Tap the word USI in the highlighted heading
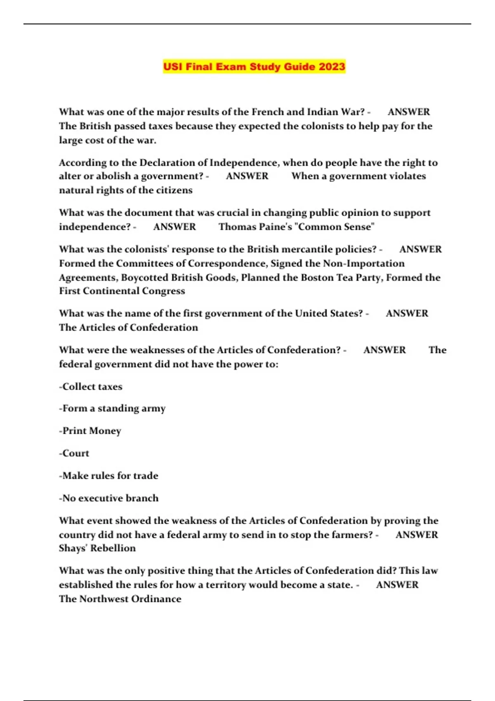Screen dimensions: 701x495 pyautogui.click(x=172, y=67)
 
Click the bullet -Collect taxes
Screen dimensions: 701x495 pyautogui.click(x=91, y=387)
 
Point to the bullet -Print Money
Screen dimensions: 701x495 pyautogui.click(x=90, y=431)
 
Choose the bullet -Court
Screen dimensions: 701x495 pyautogui.click(x=74, y=453)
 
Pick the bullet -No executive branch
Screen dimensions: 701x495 pyautogui.click(x=109, y=498)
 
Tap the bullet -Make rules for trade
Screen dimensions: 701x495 pyautogui.click(x=108, y=475)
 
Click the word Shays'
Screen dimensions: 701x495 pyautogui.click(x=73, y=548)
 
